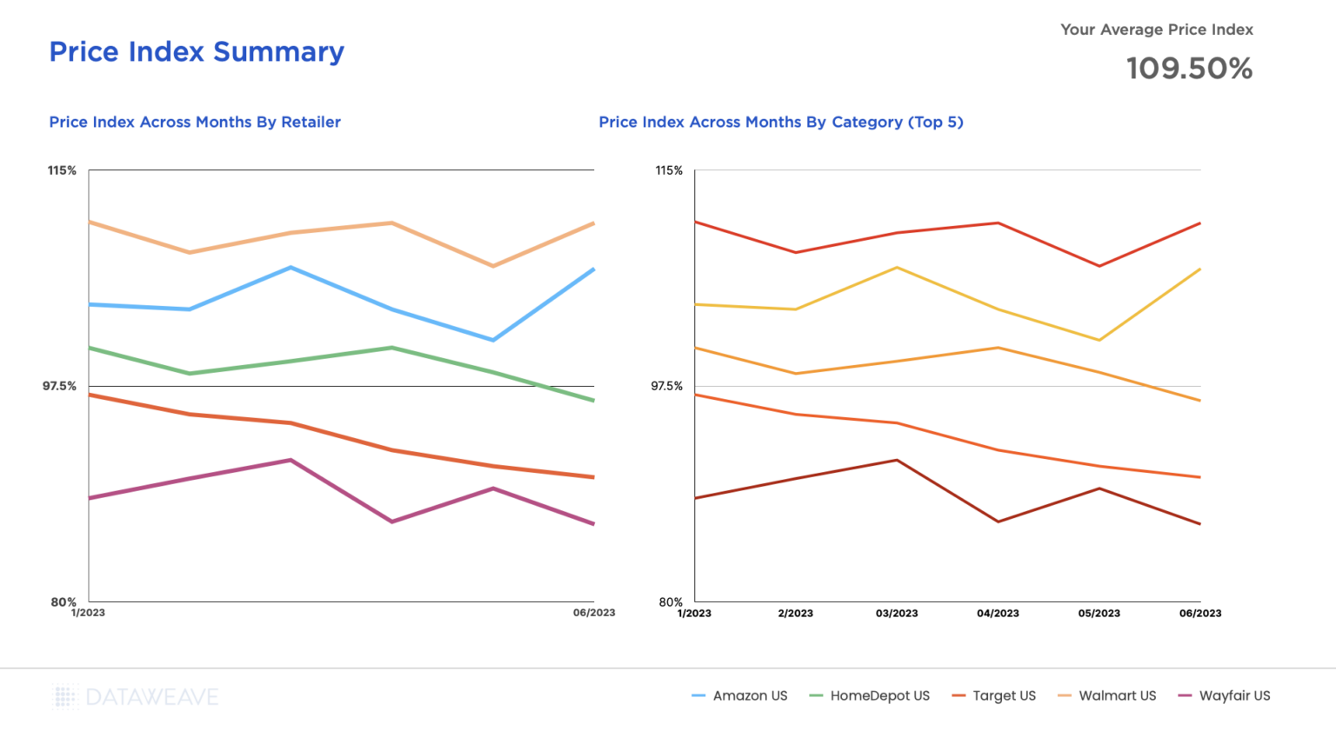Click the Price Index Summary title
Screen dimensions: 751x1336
coord(197,52)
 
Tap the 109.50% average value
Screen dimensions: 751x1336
coord(1189,69)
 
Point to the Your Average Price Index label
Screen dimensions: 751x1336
coord(1156,30)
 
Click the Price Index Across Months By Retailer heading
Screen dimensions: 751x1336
coord(195,123)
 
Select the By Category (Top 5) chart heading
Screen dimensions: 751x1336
coord(780,123)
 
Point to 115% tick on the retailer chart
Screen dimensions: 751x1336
coord(62,170)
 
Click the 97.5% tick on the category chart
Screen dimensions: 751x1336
coord(667,386)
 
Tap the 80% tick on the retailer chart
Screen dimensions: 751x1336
coord(63,601)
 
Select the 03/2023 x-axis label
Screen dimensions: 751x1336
coord(897,614)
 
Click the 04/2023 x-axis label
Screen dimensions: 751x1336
coord(998,614)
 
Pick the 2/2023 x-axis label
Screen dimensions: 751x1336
coord(795,614)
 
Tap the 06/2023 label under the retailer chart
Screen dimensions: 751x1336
coord(593,613)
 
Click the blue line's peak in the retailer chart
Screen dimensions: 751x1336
coord(291,268)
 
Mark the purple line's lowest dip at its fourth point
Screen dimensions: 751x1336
coord(392,522)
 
